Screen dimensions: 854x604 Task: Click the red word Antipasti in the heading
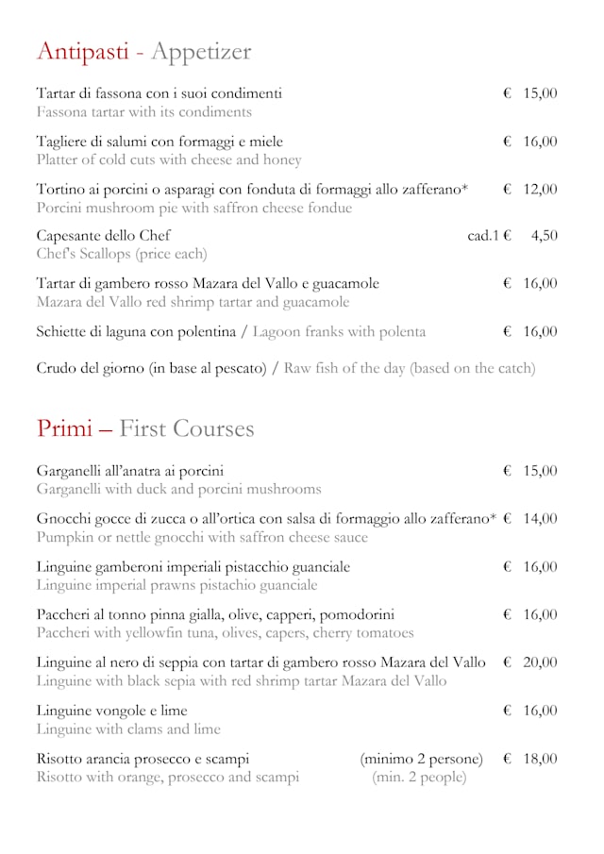tap(82, 52)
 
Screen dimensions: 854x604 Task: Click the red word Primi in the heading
tap(64, 428)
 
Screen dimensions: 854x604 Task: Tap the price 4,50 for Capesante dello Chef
tap(544, 236)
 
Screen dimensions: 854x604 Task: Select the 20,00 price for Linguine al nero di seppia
tap(540, 662)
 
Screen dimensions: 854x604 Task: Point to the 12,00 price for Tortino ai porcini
tap(540, 190)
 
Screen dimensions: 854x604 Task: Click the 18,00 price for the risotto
tap(540, 759)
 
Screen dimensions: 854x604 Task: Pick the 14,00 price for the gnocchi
tap(540, 519)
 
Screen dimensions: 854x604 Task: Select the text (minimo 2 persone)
tap(421, 759)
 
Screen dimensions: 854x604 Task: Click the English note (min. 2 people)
tap(419, 778)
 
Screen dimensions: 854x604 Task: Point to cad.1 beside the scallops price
tap(482, 236)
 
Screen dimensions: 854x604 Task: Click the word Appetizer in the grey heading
tap(201, 52)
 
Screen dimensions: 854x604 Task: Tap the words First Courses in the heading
tap(187, 428)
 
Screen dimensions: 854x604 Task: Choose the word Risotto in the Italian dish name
tap(63, 759)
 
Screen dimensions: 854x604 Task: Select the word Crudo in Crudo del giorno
tap(58, 368)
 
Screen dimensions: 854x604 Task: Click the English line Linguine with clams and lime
tap(128, 729)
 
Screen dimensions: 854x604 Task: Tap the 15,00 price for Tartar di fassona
tap(540, 93)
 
